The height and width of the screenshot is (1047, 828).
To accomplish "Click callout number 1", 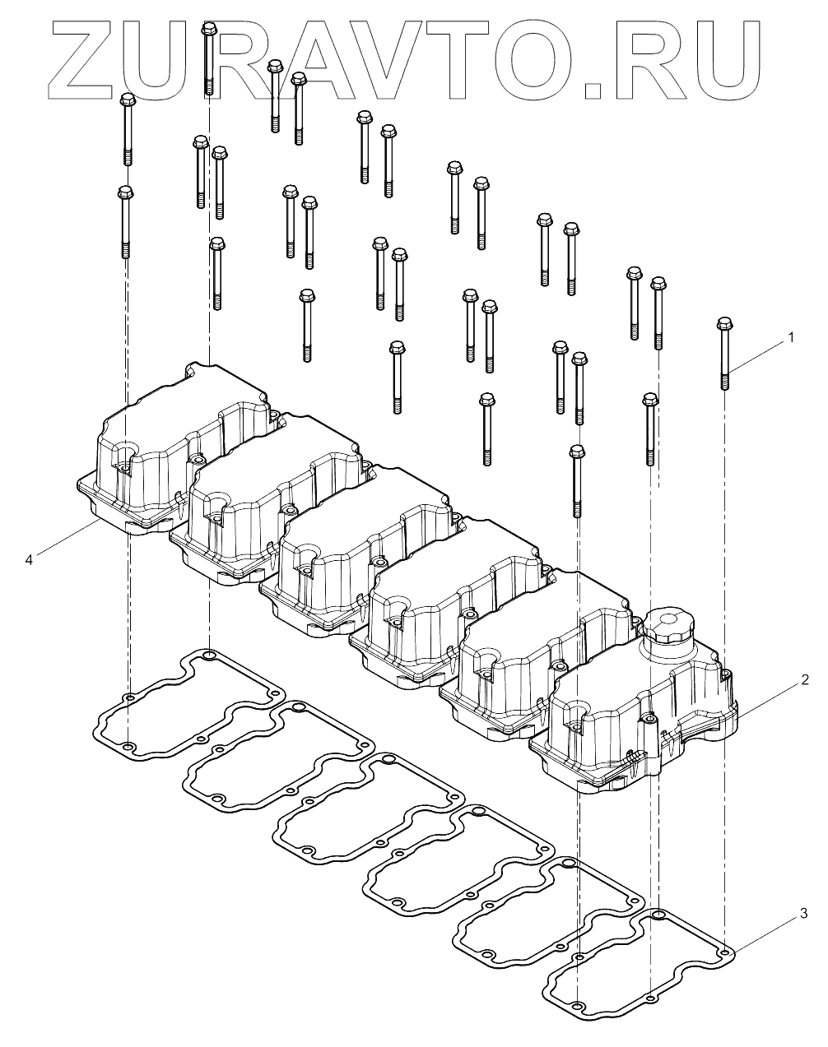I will [791, 337].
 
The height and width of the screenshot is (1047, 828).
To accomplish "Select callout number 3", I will [804, 914].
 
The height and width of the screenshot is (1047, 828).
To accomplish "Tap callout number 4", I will [29, 560].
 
